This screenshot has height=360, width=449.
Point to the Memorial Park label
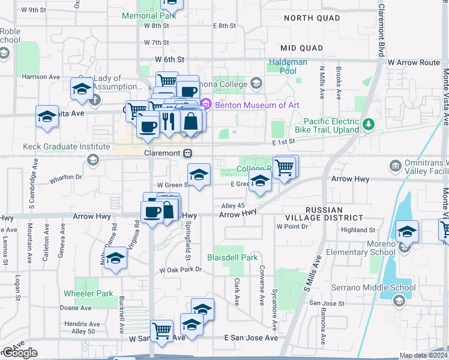149,16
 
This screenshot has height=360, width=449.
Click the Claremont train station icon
188,153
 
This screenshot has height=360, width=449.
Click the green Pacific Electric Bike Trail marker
369,125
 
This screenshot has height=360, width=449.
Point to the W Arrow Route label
414,62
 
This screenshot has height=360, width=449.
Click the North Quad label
312,18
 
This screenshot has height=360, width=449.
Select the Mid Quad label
301,47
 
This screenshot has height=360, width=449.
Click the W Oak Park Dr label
181,270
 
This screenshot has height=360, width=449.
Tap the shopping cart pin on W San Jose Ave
161,331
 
